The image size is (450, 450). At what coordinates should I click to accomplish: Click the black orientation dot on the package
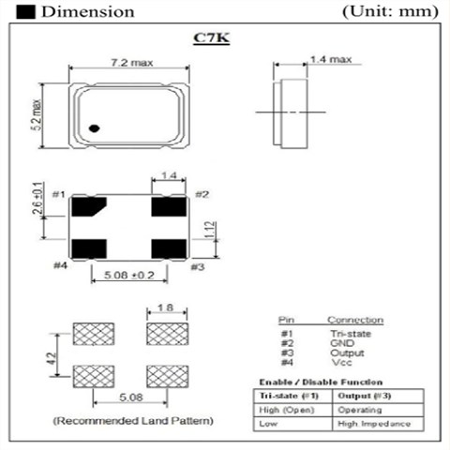coord(95,128)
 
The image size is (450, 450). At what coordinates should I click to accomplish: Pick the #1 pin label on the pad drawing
coord(58,194)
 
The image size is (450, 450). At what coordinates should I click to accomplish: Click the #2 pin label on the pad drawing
coord(202,194)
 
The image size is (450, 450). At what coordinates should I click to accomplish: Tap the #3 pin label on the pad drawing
coord(197,267)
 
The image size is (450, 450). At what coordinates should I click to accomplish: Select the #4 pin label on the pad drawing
coord(58,267)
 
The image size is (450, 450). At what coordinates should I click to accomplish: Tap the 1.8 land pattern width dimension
coord(163,308)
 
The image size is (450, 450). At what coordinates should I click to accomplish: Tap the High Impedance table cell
coord(372,424)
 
